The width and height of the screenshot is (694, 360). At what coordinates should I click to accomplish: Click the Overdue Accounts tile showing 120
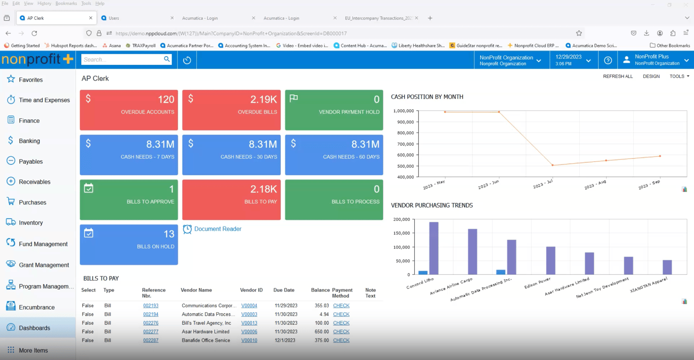129,110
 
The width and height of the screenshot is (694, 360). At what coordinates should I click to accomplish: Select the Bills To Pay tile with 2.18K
231,199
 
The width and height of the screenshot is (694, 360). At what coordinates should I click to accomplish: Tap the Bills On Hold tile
129,244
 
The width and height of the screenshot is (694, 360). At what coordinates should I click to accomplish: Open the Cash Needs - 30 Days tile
231,155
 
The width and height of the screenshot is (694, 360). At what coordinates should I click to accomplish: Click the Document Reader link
217,229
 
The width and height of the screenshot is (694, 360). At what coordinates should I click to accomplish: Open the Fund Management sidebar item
43,244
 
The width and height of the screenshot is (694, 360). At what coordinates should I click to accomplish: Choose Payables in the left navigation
31,162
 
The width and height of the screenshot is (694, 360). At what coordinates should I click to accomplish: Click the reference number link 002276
151,323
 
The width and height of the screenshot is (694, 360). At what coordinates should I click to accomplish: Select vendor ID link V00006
249,332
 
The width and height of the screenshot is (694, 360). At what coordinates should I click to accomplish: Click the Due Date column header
284,290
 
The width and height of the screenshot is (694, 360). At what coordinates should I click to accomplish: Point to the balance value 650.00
322,332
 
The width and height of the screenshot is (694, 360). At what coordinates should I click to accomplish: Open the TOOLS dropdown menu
679,76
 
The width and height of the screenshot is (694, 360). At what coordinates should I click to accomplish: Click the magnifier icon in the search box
167,59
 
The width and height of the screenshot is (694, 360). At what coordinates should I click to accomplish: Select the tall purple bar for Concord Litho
434,248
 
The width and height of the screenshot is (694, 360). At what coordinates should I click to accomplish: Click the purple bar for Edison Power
550,260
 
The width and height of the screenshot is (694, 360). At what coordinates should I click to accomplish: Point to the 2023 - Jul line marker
553,165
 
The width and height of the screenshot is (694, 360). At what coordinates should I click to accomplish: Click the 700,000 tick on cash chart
404,144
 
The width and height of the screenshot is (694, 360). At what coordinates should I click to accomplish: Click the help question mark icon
608,60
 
